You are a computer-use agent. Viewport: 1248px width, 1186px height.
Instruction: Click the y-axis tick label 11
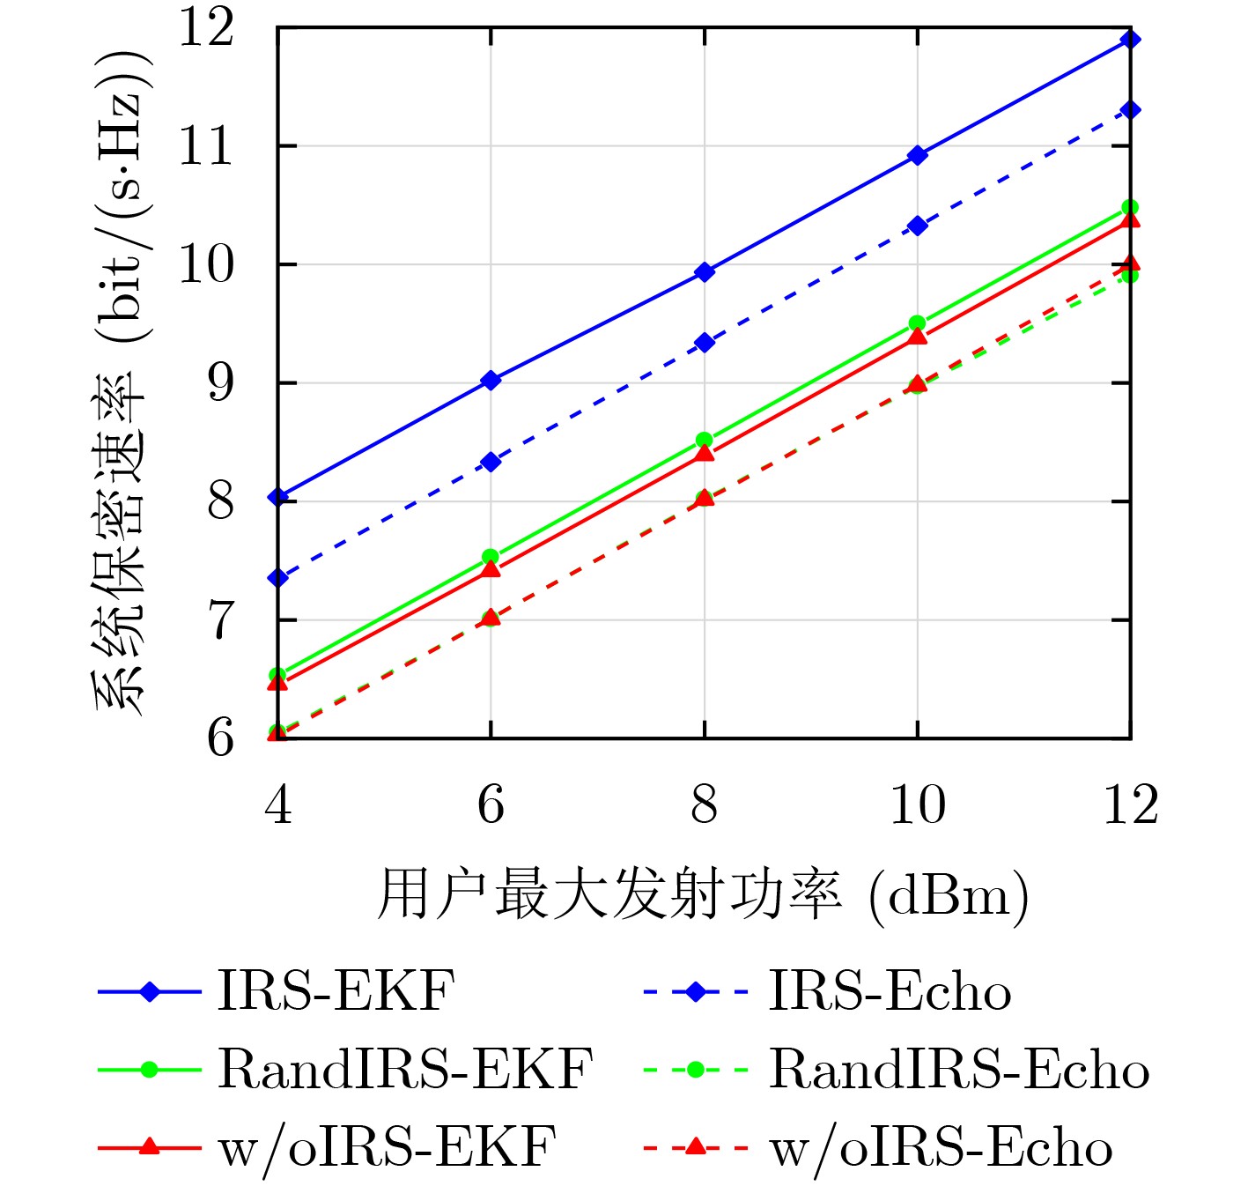point(207,146)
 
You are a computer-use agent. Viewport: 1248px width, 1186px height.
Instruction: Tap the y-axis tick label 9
point(220,383)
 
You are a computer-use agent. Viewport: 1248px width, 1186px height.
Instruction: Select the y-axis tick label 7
point(220,620)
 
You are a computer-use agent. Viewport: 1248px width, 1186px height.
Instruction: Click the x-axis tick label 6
point(491,804)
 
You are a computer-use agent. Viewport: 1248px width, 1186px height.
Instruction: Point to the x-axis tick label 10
point(917,804)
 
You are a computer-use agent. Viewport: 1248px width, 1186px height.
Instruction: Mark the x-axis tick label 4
point(278,804)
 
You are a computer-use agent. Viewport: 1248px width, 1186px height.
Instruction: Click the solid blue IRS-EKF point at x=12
point(1131,39)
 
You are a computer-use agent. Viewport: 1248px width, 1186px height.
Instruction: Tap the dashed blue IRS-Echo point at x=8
point(704,343)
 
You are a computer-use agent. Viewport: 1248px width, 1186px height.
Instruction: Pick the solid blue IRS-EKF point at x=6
point(491,381)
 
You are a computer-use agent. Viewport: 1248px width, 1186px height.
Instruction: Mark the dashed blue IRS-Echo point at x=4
point(278,578)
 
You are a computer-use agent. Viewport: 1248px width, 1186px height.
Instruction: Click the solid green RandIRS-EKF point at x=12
point(1131,207)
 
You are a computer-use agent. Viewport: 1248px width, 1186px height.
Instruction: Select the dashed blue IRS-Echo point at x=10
point(918,226)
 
